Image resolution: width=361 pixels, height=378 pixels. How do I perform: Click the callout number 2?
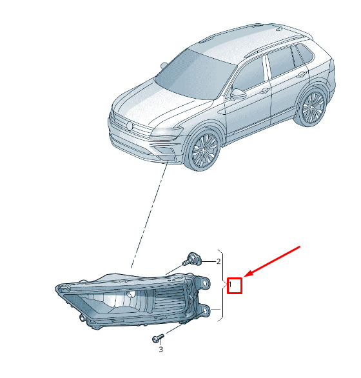click(x=219, y=261)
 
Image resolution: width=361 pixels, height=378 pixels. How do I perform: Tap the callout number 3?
click(x=161, y=349)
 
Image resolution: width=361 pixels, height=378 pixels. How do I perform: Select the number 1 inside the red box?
click(x=230, y=284)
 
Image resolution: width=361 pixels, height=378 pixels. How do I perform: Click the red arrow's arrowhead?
click(x=248, y=274)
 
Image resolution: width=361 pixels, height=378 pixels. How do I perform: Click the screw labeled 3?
click(x=158, y=338)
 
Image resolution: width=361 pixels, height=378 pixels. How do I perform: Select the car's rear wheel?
click(x=312, y=108)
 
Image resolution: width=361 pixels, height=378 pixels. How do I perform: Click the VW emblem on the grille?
click(x=130, y=126)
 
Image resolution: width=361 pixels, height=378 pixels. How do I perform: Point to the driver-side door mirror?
click(x=238, y=94)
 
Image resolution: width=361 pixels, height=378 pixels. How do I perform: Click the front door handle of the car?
click(x=264, y=91)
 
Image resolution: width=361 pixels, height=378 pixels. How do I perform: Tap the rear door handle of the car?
click(x=301, y=74)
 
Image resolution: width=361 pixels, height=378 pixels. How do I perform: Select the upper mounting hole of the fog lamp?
click(x=205, y=283)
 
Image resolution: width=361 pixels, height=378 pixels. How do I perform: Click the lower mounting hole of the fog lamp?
click(x=205, y=311)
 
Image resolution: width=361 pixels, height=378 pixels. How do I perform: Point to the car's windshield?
click(x=195, y=74)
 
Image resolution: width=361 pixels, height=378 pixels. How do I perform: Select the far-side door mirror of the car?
click(x=164, y=65)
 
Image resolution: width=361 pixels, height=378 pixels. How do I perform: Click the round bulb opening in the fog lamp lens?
click(x=132, y=293)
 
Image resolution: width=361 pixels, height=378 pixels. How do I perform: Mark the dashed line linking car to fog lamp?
click(x=150, y=215)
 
